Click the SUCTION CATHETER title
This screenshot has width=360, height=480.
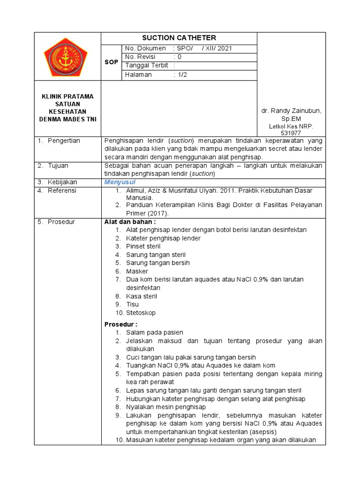(179, 38)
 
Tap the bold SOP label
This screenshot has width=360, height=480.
(111, 62)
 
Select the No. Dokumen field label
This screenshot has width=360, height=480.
(146, 48)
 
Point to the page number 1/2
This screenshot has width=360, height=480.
(180, 75)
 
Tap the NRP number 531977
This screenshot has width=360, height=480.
(291, 133)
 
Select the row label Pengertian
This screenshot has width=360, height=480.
(64, 141)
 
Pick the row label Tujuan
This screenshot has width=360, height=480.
(58, 166)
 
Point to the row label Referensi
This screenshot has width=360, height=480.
(62, 191)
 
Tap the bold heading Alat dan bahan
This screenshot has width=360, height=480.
(130, 222)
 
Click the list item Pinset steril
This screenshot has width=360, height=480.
(143, 247)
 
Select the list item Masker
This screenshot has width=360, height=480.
(137, 271)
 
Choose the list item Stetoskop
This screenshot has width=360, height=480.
(141, 313)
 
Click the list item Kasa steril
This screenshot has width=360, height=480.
(142, 296)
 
